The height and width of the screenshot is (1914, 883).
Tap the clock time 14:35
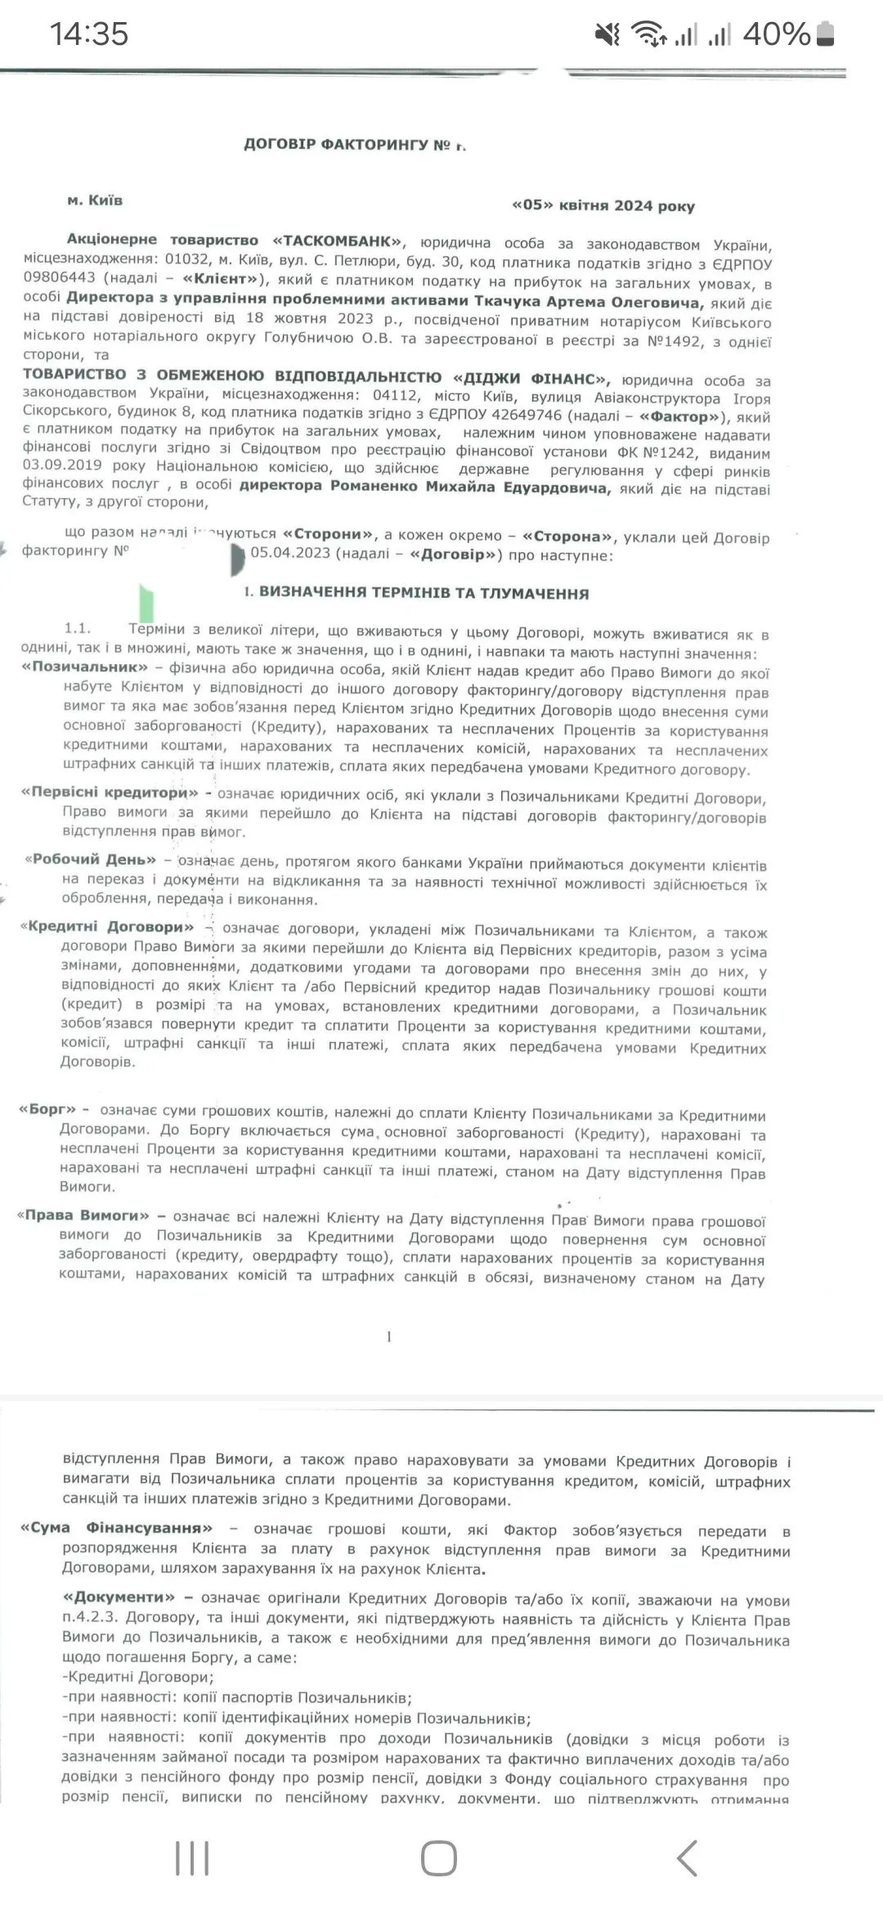click(89, 34)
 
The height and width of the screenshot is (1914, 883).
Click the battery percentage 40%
click(776, 34)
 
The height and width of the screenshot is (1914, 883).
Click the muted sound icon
click(607, 34)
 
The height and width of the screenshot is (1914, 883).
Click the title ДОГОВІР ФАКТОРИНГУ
click(336, 145)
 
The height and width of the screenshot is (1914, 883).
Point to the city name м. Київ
click(95, 200)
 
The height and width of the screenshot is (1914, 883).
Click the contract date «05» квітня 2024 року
click(603, 205)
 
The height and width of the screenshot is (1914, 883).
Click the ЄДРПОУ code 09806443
click(60, 278)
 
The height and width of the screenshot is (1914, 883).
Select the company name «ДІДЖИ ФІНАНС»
click(531, 378)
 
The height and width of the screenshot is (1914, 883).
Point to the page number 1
click(389, 1337)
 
